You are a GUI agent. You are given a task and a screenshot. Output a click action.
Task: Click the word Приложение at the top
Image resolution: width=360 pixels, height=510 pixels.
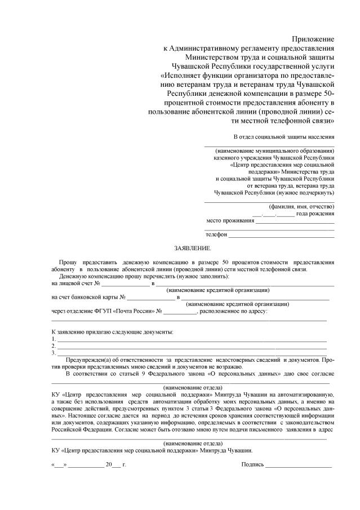tap(313, 39)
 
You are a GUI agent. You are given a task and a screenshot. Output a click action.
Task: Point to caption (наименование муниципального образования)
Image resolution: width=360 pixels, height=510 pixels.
tap(274, 152)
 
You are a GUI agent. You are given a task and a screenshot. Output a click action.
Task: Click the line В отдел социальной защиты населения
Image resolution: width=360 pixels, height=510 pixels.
tap(284, 137)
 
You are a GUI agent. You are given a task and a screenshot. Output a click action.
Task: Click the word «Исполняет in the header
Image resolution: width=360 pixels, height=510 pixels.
tap(182, 74)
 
